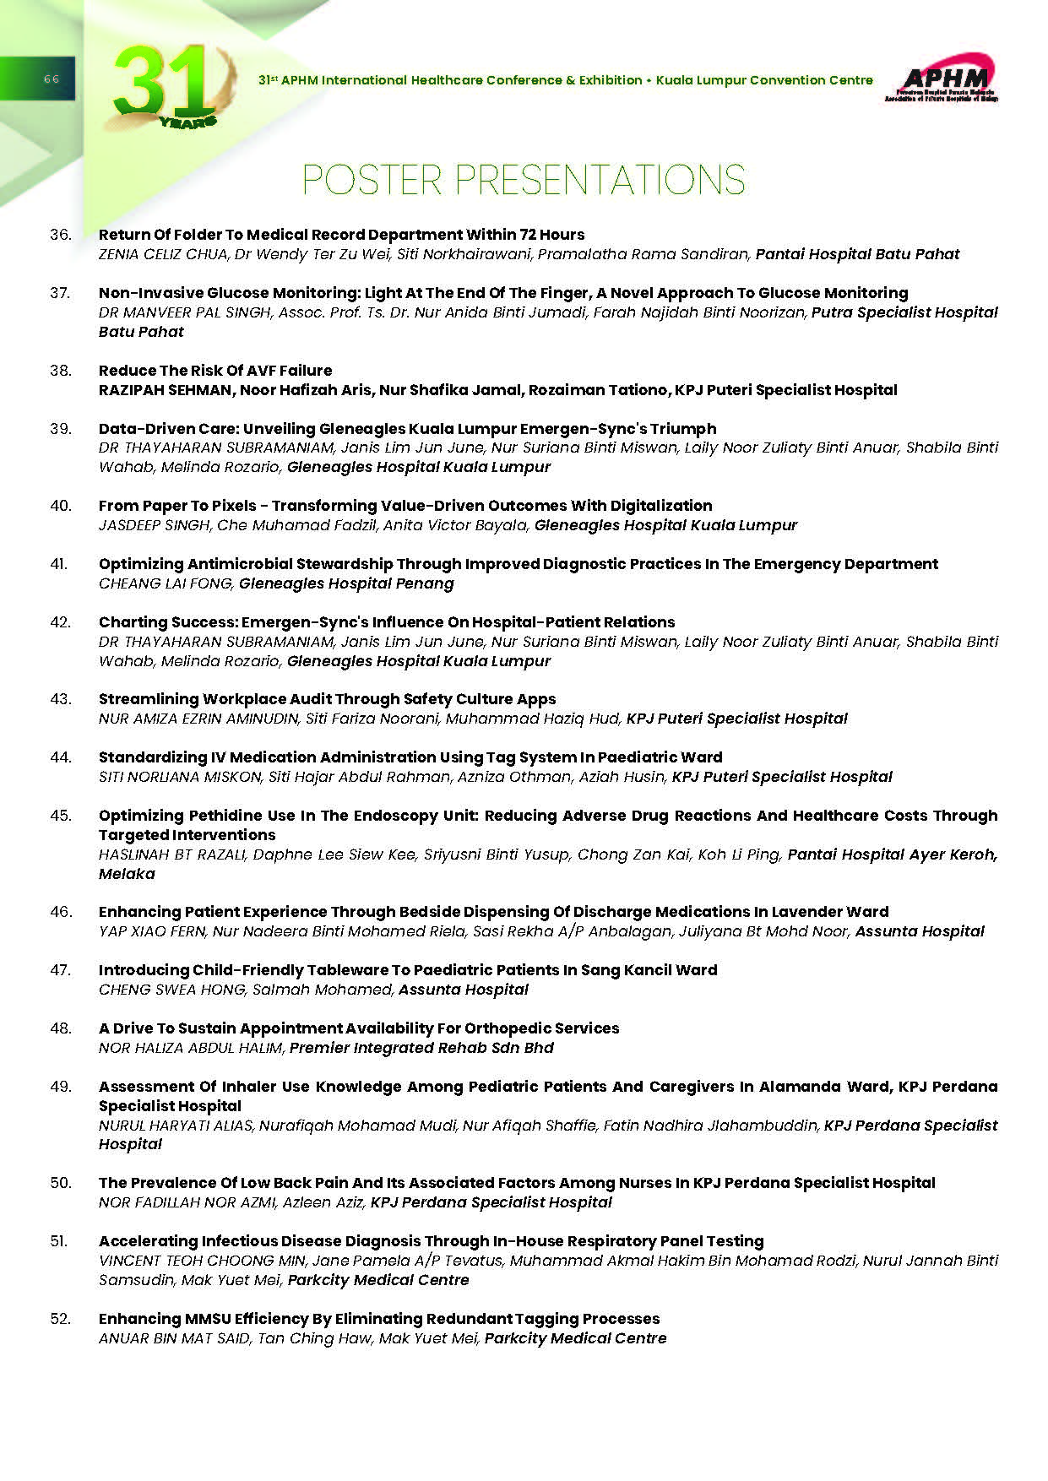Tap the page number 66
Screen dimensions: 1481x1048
[51, 79]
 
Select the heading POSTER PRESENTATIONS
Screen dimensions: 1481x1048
[524, 180]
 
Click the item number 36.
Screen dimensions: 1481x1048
[61, 235]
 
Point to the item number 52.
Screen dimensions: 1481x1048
[61, 1319]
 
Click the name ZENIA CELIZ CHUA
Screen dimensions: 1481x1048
[162, 254]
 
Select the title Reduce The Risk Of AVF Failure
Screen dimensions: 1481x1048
[215, 371]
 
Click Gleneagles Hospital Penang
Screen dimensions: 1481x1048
[346, 583]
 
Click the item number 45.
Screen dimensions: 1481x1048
[61, 816]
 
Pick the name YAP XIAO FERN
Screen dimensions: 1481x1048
[151, 931]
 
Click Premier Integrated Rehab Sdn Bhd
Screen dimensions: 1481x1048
[421, 1048]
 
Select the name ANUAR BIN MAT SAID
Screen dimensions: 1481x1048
[174, 1338]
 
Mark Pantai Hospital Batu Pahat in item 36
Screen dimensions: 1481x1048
[857, 254]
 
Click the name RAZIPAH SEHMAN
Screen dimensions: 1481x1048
[166, 390]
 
